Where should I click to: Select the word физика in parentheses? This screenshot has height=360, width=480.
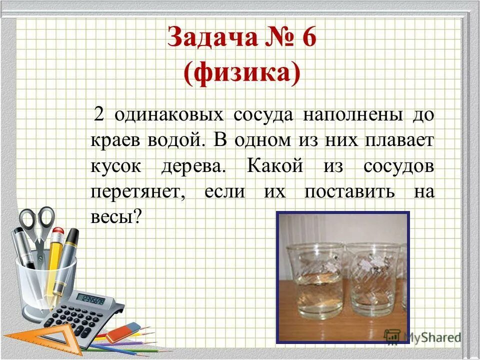[x=242, y=73]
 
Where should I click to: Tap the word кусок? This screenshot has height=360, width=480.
[x=116, y=165]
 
